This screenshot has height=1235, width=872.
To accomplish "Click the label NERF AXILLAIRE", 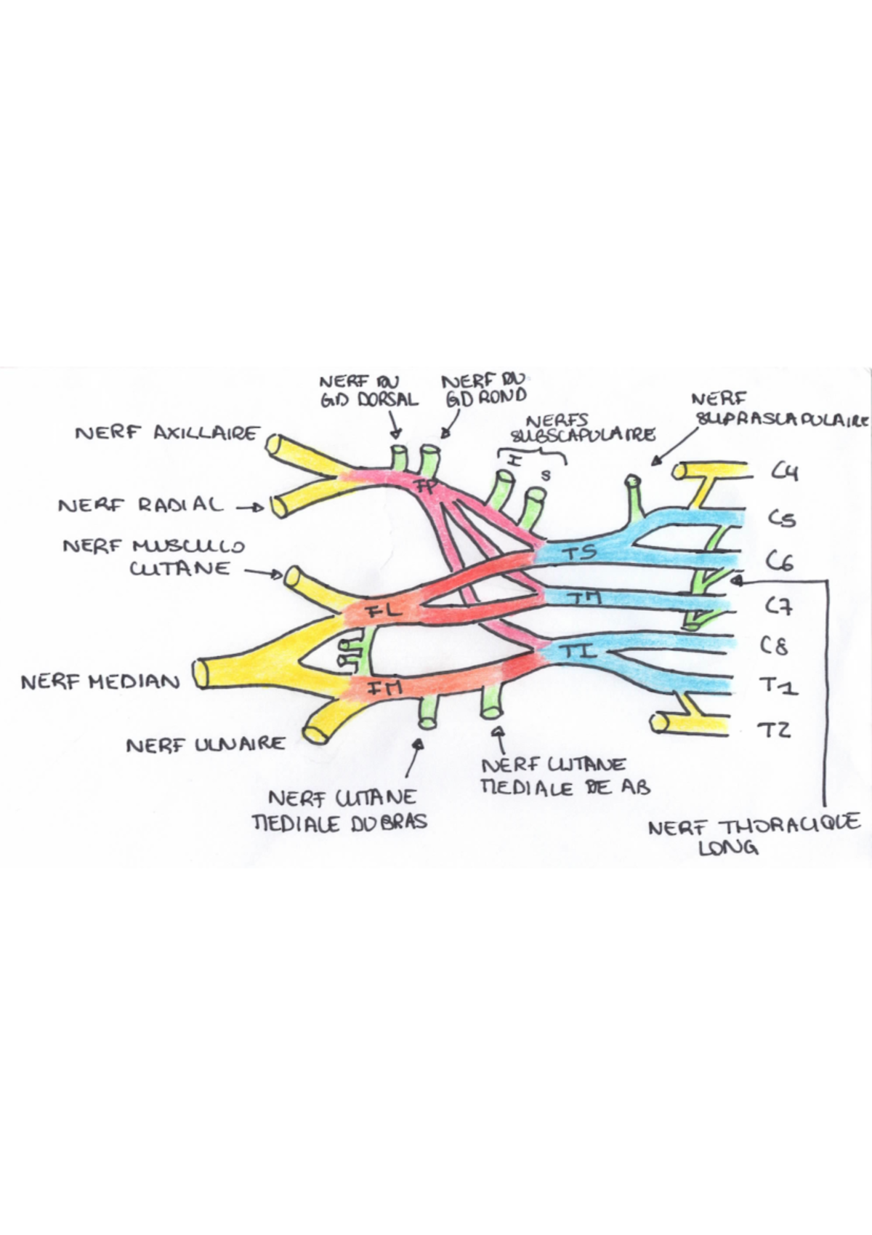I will (x=166, y=433).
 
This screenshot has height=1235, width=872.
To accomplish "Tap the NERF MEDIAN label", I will (x=100, y=682).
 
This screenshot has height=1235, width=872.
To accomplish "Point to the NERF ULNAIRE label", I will (x=206, y=745).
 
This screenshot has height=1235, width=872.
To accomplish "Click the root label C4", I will (x=785, y=473).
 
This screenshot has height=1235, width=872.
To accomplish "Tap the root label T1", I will (x=778, y=685).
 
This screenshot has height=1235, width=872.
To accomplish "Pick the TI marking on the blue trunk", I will (x=578, y=651).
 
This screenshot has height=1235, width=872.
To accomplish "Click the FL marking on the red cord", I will (x=382, y=611).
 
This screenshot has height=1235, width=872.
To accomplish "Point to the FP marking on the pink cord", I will (x=427, y=486).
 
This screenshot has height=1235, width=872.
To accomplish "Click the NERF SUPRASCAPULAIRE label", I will (x=781, y=410).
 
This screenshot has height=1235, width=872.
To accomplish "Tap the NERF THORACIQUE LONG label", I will (x=754, y=836).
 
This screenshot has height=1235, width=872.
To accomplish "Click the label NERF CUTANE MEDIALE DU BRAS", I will (x=340, y=810).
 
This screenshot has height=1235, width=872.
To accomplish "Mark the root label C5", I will (x=782, y=518).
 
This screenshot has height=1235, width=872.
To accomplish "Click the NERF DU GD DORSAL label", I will (x=369, y=391).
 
